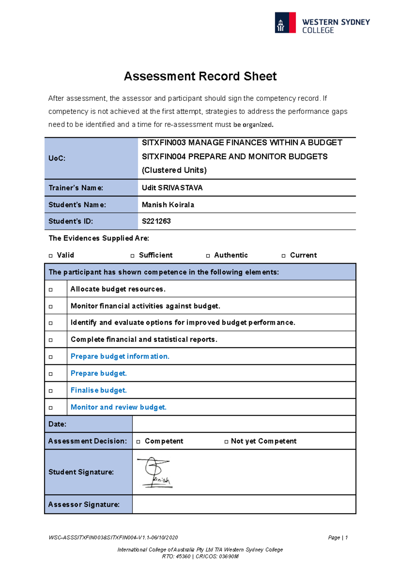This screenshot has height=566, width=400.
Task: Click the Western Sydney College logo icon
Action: (285, 23)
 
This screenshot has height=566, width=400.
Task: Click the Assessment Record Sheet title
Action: (200, 76)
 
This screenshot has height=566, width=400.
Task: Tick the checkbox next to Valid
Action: (51, 256)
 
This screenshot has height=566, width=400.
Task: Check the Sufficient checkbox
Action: (132, 256)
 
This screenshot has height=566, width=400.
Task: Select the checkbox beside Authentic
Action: (208, 256)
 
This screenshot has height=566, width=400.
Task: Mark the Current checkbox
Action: (284, 256)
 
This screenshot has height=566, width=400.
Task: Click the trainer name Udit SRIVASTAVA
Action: (172, 188)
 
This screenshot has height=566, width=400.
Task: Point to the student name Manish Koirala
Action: (168, 205)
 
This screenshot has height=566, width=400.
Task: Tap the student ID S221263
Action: (156, 221)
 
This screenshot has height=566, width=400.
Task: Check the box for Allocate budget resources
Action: (51, 290)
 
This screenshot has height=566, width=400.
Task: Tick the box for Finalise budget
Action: (51, 391)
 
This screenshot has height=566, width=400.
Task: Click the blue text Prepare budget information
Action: (120, 356)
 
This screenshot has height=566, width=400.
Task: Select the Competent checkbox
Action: (138, 442)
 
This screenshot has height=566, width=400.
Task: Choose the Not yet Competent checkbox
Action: (226, 442)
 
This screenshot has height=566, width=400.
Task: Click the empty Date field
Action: (244, 424)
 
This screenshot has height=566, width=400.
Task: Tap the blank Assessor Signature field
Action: (244, 504)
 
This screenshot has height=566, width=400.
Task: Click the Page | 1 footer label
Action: (338, 537)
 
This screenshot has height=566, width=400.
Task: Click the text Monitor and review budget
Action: (118, 407)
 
